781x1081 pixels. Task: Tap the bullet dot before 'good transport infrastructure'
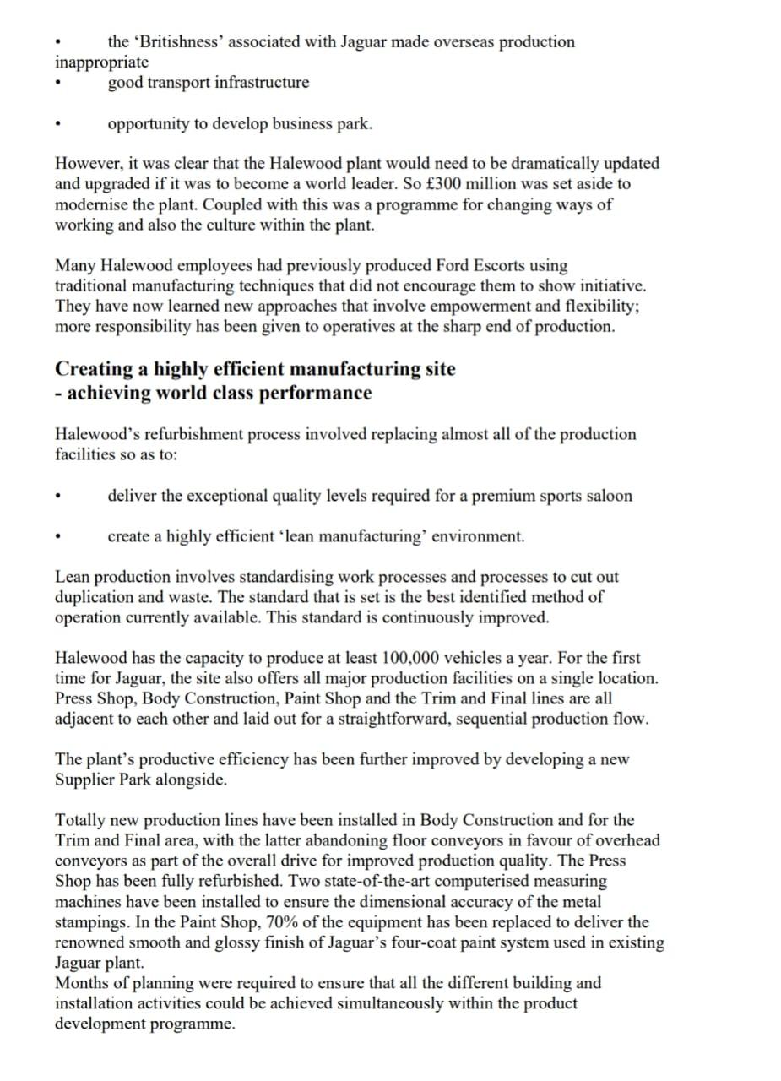57,84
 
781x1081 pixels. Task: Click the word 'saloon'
607,496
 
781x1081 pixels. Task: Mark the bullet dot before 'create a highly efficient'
57,537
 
